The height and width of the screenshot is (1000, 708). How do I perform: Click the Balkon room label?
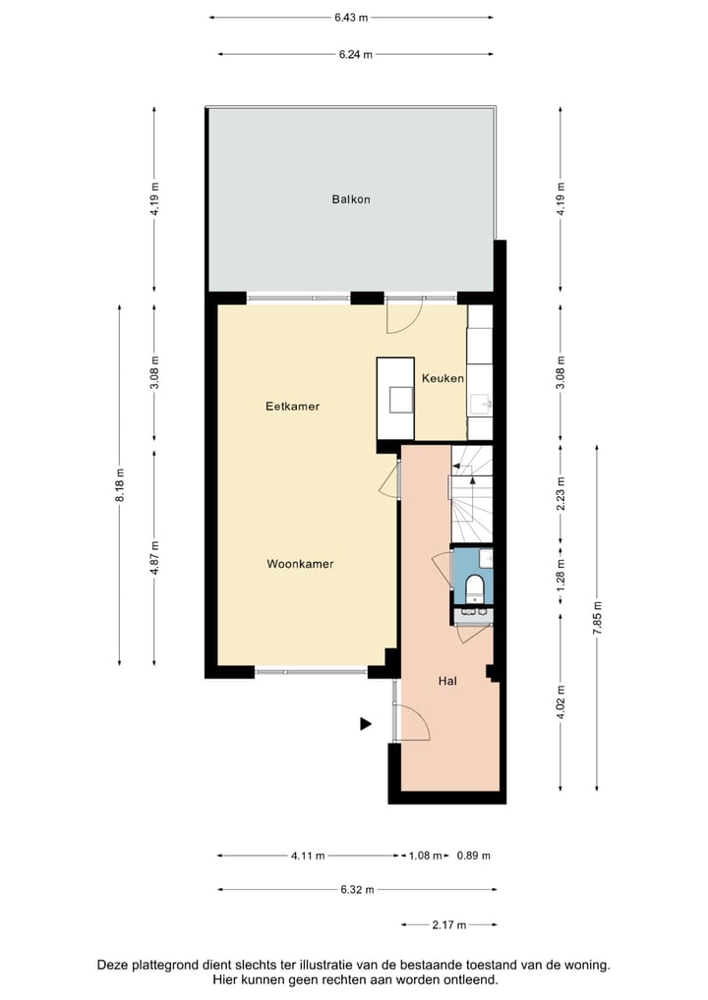click(x=351, y=199)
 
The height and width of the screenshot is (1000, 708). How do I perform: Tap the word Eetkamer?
click(x=292, y=406)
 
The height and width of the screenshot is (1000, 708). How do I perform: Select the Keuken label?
click(x=442, y=378)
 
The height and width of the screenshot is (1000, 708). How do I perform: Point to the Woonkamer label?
click(x=300, y=564)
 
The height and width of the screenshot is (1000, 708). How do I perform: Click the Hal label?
click(x=447, y=679)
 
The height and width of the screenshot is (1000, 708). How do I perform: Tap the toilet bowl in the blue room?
click(x=475, y=588)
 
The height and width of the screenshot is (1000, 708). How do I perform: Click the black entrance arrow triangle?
click(x=365, y=724)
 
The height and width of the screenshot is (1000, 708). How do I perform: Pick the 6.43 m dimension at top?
click(x=350, y=17)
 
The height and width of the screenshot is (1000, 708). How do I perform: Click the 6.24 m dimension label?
click(x=355, y=55)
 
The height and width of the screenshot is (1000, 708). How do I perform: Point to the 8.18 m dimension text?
click(x=120, y=484)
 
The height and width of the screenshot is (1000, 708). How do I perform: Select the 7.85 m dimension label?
click(x=597, y=618)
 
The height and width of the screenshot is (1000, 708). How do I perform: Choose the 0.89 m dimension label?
click(x=473, y=856)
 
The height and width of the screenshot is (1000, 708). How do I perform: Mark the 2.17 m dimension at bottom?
click(x=448, y=924)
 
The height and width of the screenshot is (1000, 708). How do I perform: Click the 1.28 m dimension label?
click(x=560, y=573)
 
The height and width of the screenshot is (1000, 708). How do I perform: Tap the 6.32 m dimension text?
click(x=356, y=890)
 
